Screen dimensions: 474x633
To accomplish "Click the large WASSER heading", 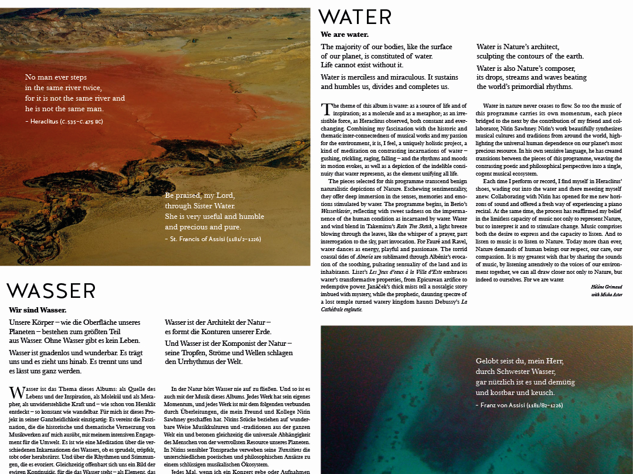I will coord(51,291).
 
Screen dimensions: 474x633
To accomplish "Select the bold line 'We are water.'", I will coord(345,35).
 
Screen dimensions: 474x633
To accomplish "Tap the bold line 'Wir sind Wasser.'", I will coord(38,310).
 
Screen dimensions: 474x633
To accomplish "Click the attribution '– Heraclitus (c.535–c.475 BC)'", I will coord(64,121).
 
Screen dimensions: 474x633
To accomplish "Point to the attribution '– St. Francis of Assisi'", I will coord(213,239).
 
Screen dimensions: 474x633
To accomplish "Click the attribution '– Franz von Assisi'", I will coord(519,404).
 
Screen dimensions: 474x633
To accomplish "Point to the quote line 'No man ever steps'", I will coord(56,77).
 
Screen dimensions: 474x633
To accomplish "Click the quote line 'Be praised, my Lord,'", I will coord(199,195).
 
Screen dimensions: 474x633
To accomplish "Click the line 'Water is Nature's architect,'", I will coord(518,47).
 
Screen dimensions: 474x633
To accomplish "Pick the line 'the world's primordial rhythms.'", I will coord(524,87).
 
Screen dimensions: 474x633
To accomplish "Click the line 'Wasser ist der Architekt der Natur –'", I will coord(217,322).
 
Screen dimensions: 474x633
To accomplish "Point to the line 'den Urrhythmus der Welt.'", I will coord(203,362).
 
